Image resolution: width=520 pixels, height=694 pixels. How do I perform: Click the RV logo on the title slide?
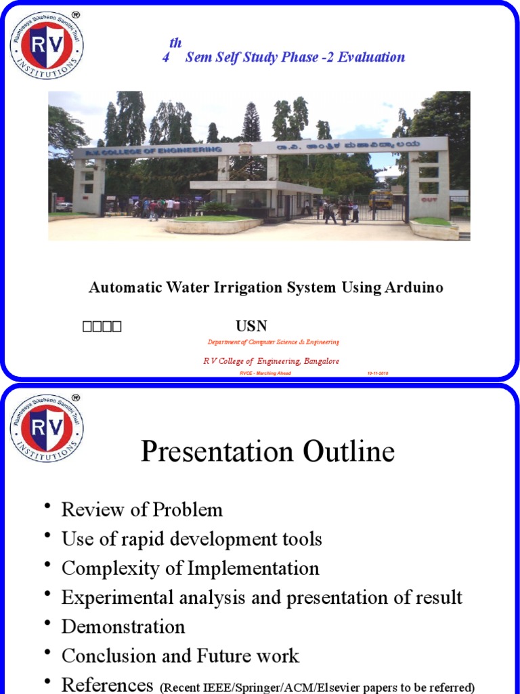pos(46,45)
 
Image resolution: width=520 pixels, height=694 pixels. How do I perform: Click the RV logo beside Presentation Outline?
pos(46,428)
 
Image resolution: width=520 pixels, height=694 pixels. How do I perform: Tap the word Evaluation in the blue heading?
pos(372,57)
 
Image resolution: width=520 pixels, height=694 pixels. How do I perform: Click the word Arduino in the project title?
pos(414,287)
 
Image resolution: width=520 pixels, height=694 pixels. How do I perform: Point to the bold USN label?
pos(251,326)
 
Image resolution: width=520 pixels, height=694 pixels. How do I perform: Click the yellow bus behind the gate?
pos(381,199)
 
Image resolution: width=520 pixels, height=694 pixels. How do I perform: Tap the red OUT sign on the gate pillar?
pos(429,200)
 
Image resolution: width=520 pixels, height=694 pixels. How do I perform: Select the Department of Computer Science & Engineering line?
pos(273,342)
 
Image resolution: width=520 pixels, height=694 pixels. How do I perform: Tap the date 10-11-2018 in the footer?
pos(378,373)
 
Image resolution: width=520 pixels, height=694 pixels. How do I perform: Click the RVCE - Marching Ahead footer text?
pos(265,373)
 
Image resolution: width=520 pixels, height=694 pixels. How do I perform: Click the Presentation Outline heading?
pos(267,451)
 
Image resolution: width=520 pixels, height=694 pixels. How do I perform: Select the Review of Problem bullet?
pos(142,510)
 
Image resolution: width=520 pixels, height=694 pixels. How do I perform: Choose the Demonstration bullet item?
pos(123,626)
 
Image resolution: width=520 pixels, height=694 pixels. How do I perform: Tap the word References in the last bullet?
pos(108,685)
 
